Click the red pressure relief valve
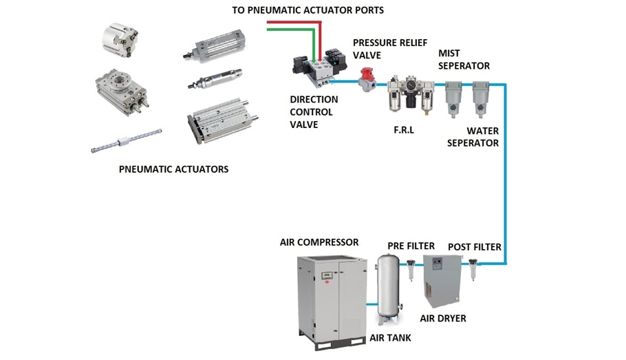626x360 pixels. click(366, 80)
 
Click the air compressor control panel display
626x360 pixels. click(327, 276)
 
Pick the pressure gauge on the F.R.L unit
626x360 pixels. click(411, 84)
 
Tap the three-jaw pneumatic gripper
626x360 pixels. click(120, 39)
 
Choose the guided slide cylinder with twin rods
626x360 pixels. click(222, 120)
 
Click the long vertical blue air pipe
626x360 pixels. click(505, 174)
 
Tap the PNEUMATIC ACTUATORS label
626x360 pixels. click(173, 169)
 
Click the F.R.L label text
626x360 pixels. click(404, 130)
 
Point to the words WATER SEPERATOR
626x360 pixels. click(473, 137)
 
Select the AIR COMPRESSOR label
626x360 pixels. click(319, 242)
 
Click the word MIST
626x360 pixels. click(449, 54)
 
